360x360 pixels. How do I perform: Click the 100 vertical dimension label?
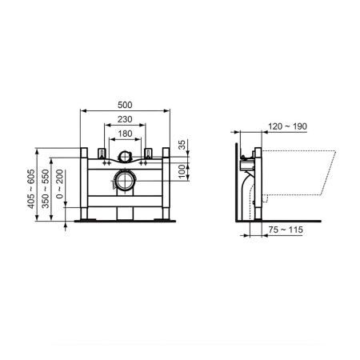(182, 171)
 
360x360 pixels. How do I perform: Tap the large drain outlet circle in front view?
(126, 180)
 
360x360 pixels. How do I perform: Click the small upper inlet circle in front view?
(126, 158)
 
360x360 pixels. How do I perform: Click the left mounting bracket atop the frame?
(102, 153)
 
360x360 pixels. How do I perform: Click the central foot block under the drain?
(126, 212)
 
